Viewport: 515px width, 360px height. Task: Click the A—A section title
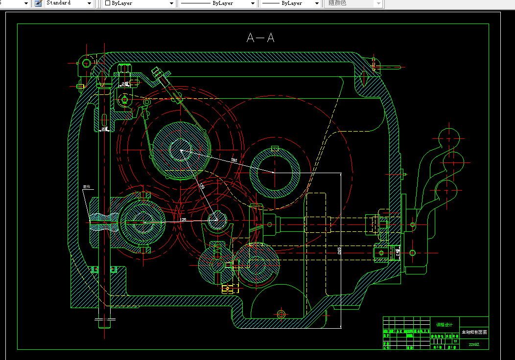pos(260,38)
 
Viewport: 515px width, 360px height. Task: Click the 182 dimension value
pos(234,160)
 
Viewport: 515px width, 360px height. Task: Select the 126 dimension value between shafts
pos(183,220)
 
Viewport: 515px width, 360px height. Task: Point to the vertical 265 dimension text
pos(339,250)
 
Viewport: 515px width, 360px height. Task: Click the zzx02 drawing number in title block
pos(474,344)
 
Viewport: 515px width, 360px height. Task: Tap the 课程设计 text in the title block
pos(444,325)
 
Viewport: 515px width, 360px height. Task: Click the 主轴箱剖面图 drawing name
pos(474,333)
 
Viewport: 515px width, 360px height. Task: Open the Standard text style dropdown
pos(69,3)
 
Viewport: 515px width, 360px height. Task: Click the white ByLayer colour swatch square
pos(108,3)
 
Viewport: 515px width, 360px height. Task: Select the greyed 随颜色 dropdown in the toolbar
pos(353,3)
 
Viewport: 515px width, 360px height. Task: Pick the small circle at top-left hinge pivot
pos(87,63)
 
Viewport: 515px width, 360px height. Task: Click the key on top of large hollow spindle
pos(275,148)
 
